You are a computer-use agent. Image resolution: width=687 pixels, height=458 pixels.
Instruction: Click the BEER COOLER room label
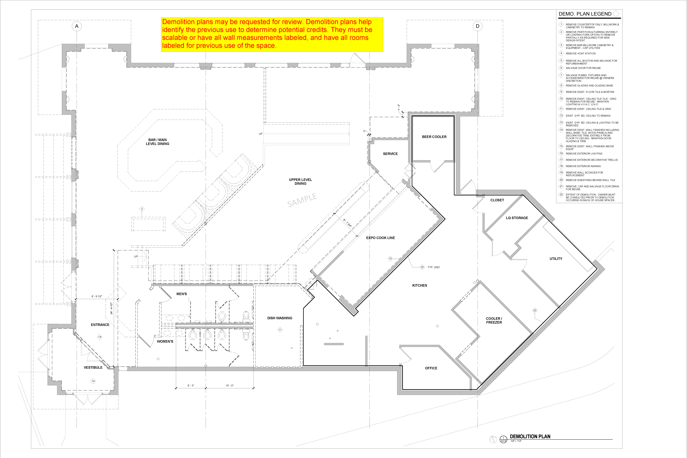coord(434,137)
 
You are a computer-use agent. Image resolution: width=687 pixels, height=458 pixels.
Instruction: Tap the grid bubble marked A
coord(77,26)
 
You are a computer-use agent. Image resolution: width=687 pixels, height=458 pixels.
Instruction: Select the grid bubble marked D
coord(478,26)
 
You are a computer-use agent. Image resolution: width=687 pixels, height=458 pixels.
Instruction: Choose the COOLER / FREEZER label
coord(494,320)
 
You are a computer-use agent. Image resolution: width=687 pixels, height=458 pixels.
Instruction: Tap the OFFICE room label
coord(431,368)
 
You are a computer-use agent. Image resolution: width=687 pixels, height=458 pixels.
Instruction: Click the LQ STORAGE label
coord(517,218)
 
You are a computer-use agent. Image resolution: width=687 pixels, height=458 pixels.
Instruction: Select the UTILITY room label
coord(556,259)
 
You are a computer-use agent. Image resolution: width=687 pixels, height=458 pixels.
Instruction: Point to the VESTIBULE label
coord(93,367)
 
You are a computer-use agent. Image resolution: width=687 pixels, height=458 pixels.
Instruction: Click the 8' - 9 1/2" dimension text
coord(97,296)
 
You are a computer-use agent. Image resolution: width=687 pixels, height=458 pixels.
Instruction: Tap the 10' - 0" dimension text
coord(230,386)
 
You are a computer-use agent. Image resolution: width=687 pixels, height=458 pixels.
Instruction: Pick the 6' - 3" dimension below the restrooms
coord(191,386)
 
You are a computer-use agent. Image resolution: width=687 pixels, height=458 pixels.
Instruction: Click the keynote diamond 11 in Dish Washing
coord(280,330)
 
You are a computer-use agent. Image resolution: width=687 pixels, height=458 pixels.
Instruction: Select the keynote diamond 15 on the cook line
coord(390,258)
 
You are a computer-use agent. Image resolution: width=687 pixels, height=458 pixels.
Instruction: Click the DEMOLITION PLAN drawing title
coord(530,436)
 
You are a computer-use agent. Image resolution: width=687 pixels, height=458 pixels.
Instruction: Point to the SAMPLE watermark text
coord(302,200)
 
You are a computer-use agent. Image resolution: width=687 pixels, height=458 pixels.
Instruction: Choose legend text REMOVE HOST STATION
coord(581,53)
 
